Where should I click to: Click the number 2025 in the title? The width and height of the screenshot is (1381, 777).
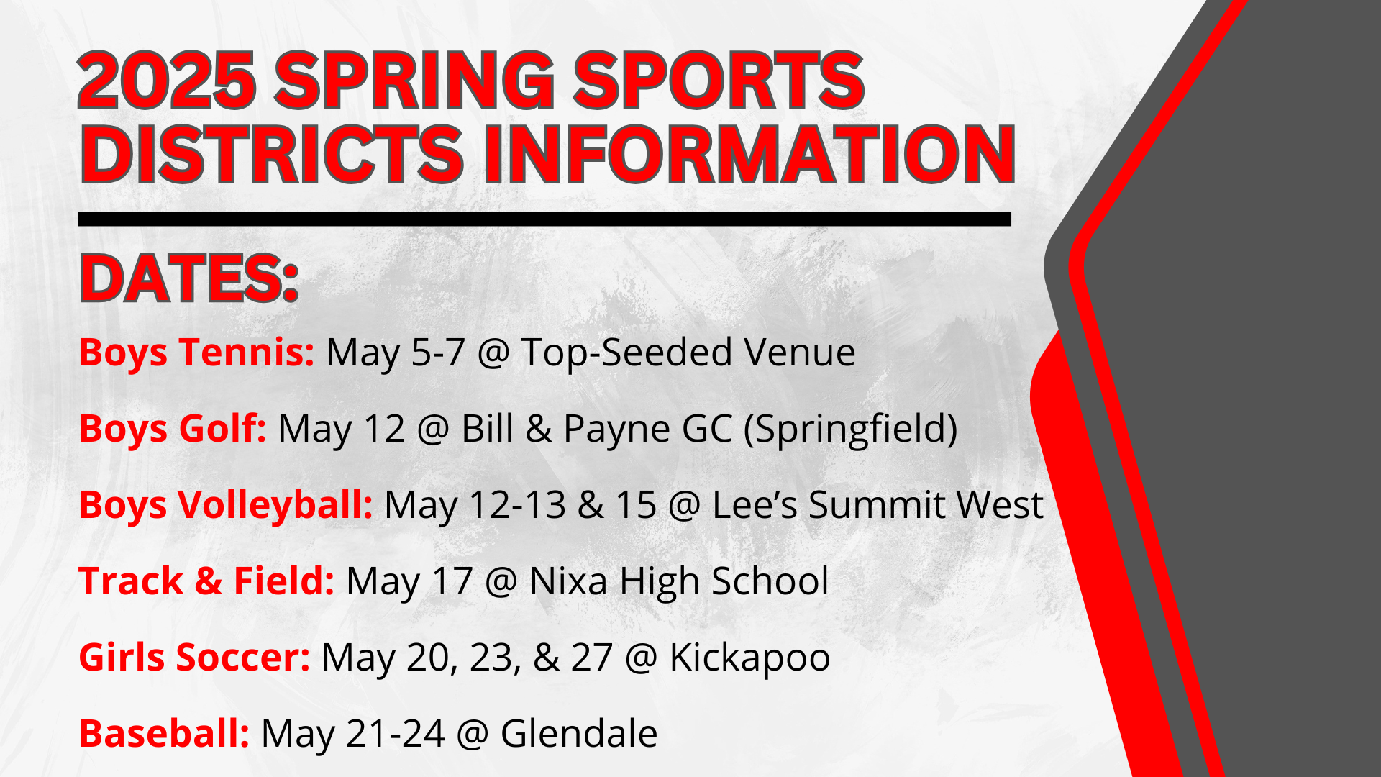point(166,81)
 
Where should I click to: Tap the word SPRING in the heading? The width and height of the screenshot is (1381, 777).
point(414,81)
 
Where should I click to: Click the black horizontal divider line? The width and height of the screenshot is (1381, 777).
point(544,219)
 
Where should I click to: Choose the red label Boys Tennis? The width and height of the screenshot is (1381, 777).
point(196,353)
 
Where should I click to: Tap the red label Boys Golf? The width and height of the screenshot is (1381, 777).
point(173,429)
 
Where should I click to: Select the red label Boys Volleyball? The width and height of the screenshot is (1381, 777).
point(226,505)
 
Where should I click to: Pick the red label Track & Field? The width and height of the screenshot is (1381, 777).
point(206,581)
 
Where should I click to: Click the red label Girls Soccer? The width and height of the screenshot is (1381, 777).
point(194,658)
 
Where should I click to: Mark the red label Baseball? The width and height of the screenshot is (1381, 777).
point(164,734)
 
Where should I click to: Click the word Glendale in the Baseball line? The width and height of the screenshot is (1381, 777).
point(579,734)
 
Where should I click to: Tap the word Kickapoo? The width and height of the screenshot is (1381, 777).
point(749,658)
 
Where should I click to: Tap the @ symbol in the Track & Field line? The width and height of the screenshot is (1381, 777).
point(501,581)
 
